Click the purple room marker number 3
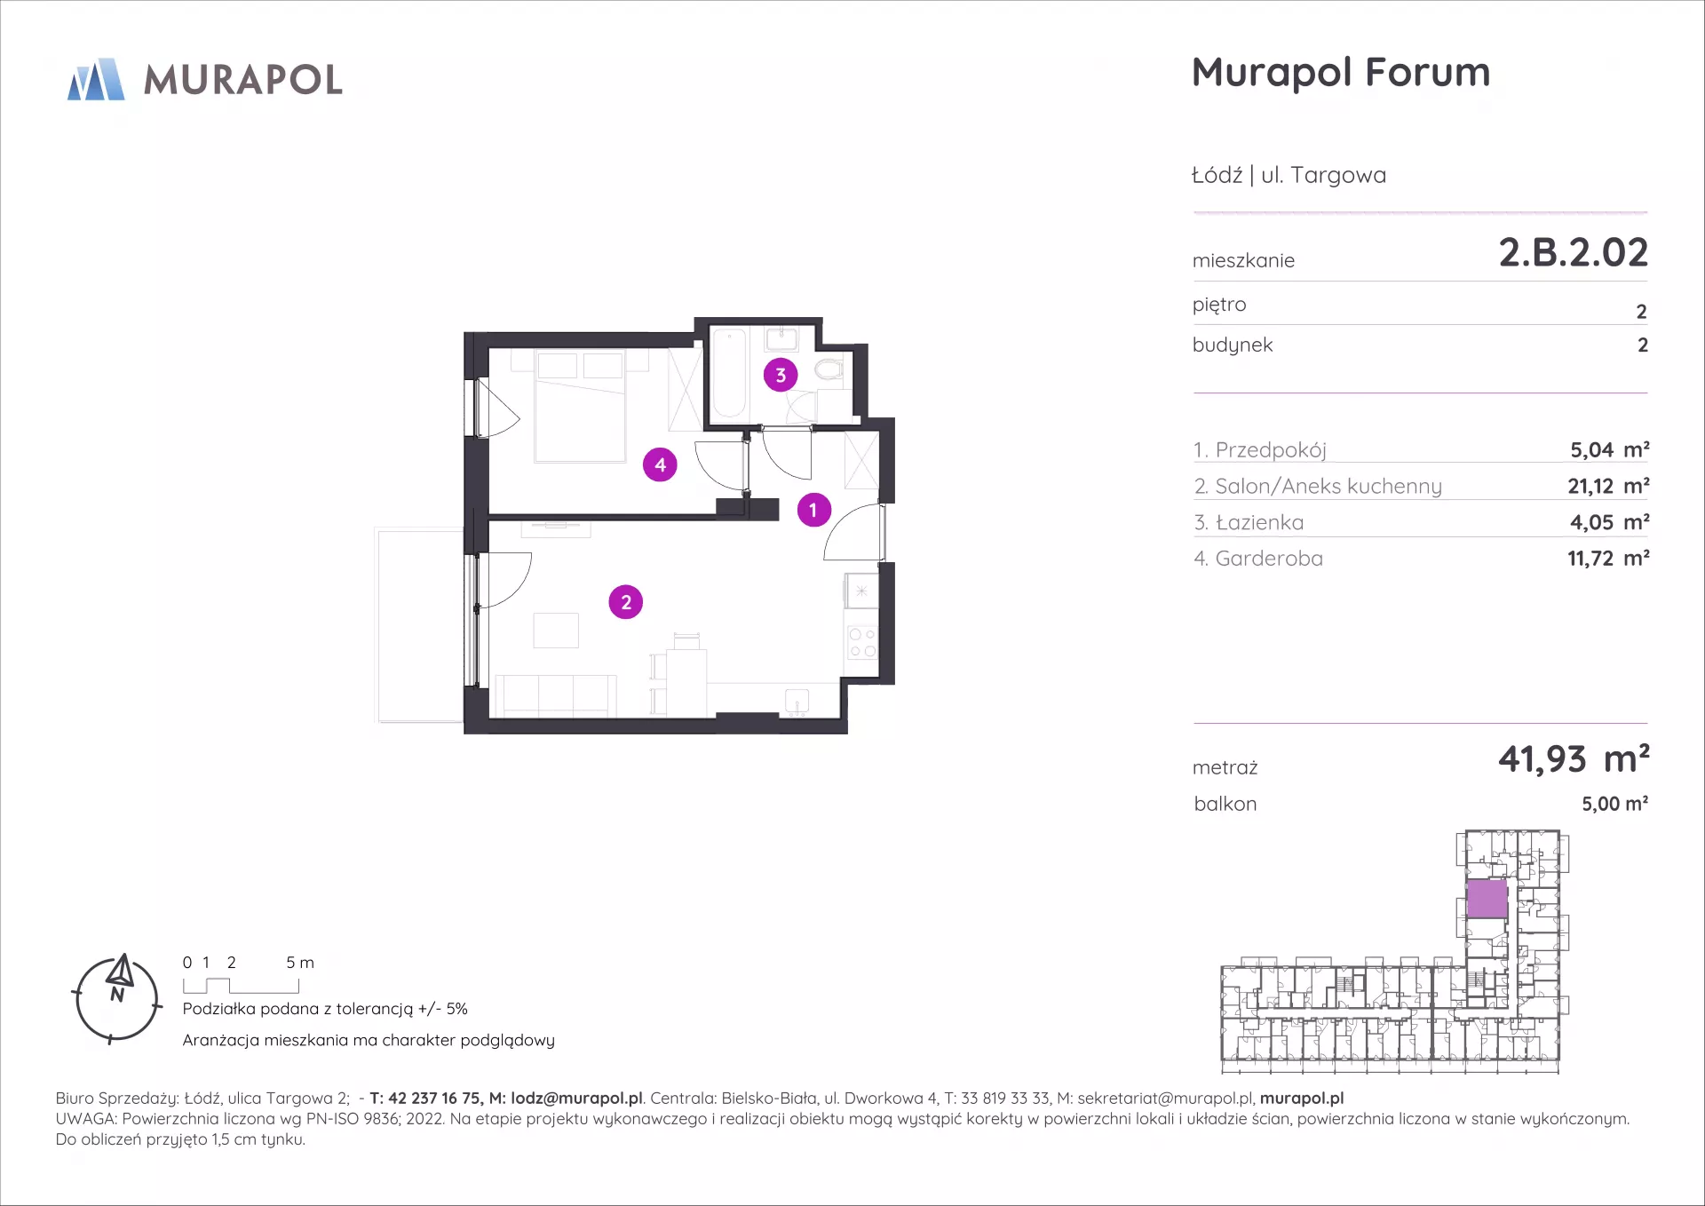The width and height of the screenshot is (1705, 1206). point(781,375)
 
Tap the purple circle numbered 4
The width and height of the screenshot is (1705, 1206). point(660,464)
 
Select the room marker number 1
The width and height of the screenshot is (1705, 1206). point(813,510)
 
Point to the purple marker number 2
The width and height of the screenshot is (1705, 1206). point(626,602)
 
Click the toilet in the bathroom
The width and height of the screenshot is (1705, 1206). point(829,369)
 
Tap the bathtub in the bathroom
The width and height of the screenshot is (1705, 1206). point(729,373)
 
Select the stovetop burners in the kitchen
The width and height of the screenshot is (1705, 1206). point(861,643)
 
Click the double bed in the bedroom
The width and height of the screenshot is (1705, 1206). point(581,406)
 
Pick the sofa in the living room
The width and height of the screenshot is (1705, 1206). point(556,695)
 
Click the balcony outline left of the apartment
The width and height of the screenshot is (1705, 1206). point(420,625)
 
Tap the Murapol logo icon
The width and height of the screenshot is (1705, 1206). point(96,79)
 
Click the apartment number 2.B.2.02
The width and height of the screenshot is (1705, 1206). point(1573,252)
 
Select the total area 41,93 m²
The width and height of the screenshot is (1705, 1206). point(1574,759)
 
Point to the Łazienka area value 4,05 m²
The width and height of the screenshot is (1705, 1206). point(1609,522)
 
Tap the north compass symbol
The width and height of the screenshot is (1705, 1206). point(116,998)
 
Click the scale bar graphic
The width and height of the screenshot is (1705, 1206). point(241,985)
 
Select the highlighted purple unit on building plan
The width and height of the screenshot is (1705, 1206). point(1487,899)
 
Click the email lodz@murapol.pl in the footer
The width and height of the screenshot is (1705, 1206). point(576,1099)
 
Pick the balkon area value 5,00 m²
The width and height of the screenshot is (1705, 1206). point(1614,804)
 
